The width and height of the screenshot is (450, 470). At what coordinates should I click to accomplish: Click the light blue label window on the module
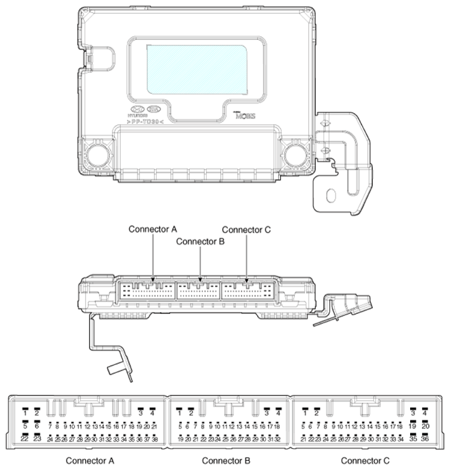(x=196, y=68)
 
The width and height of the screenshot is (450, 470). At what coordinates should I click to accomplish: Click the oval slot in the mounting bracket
(x=332, y=196)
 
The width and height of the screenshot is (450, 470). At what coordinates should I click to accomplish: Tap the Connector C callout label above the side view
(x=246, y=229)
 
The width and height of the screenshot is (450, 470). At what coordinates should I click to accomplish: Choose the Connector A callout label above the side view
(x=153, y=229)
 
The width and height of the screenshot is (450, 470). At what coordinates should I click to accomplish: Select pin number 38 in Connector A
(x=154, y=439)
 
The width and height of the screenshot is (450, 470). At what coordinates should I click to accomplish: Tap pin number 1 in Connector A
(x=26, y=413)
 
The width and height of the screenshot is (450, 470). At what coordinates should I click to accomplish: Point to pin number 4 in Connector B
(x=278, y=413)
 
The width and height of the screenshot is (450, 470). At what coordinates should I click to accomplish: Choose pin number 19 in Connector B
(x=180, y=439)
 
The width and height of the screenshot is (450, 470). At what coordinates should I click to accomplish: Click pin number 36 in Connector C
(x=425, y=439)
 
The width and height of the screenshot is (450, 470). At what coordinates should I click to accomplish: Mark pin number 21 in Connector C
(x=303, y=439)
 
